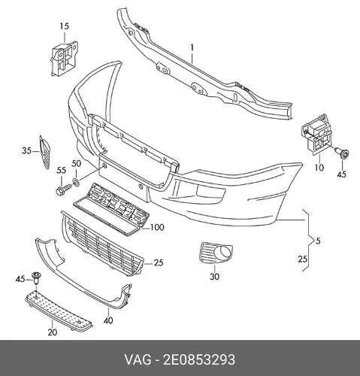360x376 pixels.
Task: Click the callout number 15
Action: (x=65, y=26)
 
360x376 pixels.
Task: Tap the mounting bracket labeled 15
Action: (x=64, y=59)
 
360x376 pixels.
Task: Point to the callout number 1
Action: (x=192, y=47)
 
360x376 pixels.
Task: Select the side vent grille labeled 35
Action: (x=44, y=153)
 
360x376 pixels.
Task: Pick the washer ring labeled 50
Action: (x=76, y=182)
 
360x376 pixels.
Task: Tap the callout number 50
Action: (x=77, y=164)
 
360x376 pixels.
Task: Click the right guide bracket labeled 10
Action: (x=316, y=135)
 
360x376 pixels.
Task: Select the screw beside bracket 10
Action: (x=342, y=153)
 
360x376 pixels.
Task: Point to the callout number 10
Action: (x=319, y=167)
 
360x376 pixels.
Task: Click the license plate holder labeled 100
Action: (x=111, y=209)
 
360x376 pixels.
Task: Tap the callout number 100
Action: (x=157, y=227)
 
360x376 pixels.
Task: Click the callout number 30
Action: (x=214, y=277)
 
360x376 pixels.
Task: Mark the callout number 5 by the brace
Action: (x=318, y=241)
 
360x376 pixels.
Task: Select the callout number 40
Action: (x=108, y=320)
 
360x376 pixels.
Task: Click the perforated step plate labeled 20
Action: (x=59, y=310)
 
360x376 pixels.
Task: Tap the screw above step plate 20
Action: (x=37, y=277)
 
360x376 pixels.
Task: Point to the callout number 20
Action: (x=53, y=332)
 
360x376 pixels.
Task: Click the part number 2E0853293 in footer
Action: (x=199, y=359)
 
